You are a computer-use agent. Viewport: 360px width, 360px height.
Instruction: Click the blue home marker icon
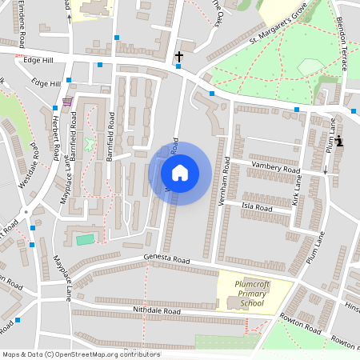[x=180, y=173]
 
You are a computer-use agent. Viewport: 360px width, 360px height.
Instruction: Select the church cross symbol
[x=179, y=57]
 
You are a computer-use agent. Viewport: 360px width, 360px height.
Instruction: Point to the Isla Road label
[x=257, y=207]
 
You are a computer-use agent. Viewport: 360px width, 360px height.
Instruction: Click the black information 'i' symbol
[x=339, y=142]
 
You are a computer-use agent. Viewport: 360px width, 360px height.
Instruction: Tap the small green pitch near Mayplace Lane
[x=85, y=239]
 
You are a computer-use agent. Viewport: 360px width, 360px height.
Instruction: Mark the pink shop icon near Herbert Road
[x=66, y=102]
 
